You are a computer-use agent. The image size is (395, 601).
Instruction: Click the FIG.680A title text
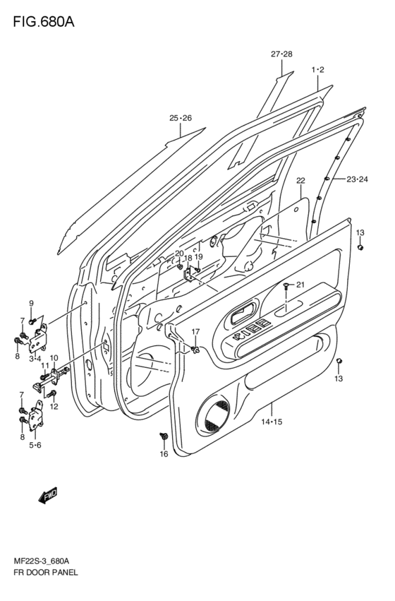pos(44,22)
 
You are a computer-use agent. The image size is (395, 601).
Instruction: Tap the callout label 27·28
pos(281,54)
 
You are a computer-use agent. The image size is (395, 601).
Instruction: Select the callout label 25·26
pos(181,118)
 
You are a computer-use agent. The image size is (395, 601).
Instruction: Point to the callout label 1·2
pos(317,70)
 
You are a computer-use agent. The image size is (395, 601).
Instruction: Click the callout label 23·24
pos(357,179)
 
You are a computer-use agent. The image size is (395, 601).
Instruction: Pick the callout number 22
pos(300,180)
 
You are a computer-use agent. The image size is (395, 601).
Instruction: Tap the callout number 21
pos(300,285)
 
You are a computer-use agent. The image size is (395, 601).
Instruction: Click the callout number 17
pos(195,331)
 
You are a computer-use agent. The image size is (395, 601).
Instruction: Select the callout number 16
pos(164,454)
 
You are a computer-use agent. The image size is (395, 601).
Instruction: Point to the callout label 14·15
pos(272,422)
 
